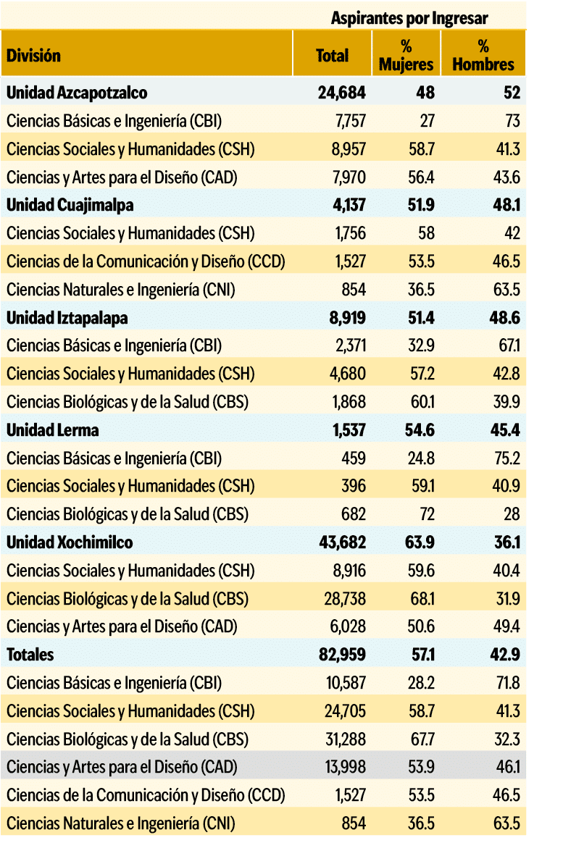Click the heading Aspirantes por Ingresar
[409, 18]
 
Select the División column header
[34, 55]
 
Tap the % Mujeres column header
[406, 55]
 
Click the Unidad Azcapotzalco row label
[77, 93]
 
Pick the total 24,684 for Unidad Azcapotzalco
[342, 93]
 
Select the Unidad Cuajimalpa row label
[70, 205]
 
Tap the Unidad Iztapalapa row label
[67, 317]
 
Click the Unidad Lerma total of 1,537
[348, 430]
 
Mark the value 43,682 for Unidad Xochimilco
[342, 542]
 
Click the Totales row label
[30, 655]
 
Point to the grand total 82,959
[342, 655]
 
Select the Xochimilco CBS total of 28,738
[344, 599]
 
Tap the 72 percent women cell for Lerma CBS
[427, 514]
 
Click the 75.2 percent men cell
[506, 458]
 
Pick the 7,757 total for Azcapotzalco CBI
[350, 120]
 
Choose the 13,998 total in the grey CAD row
[344, 767]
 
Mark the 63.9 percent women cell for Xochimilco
[420, 542]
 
